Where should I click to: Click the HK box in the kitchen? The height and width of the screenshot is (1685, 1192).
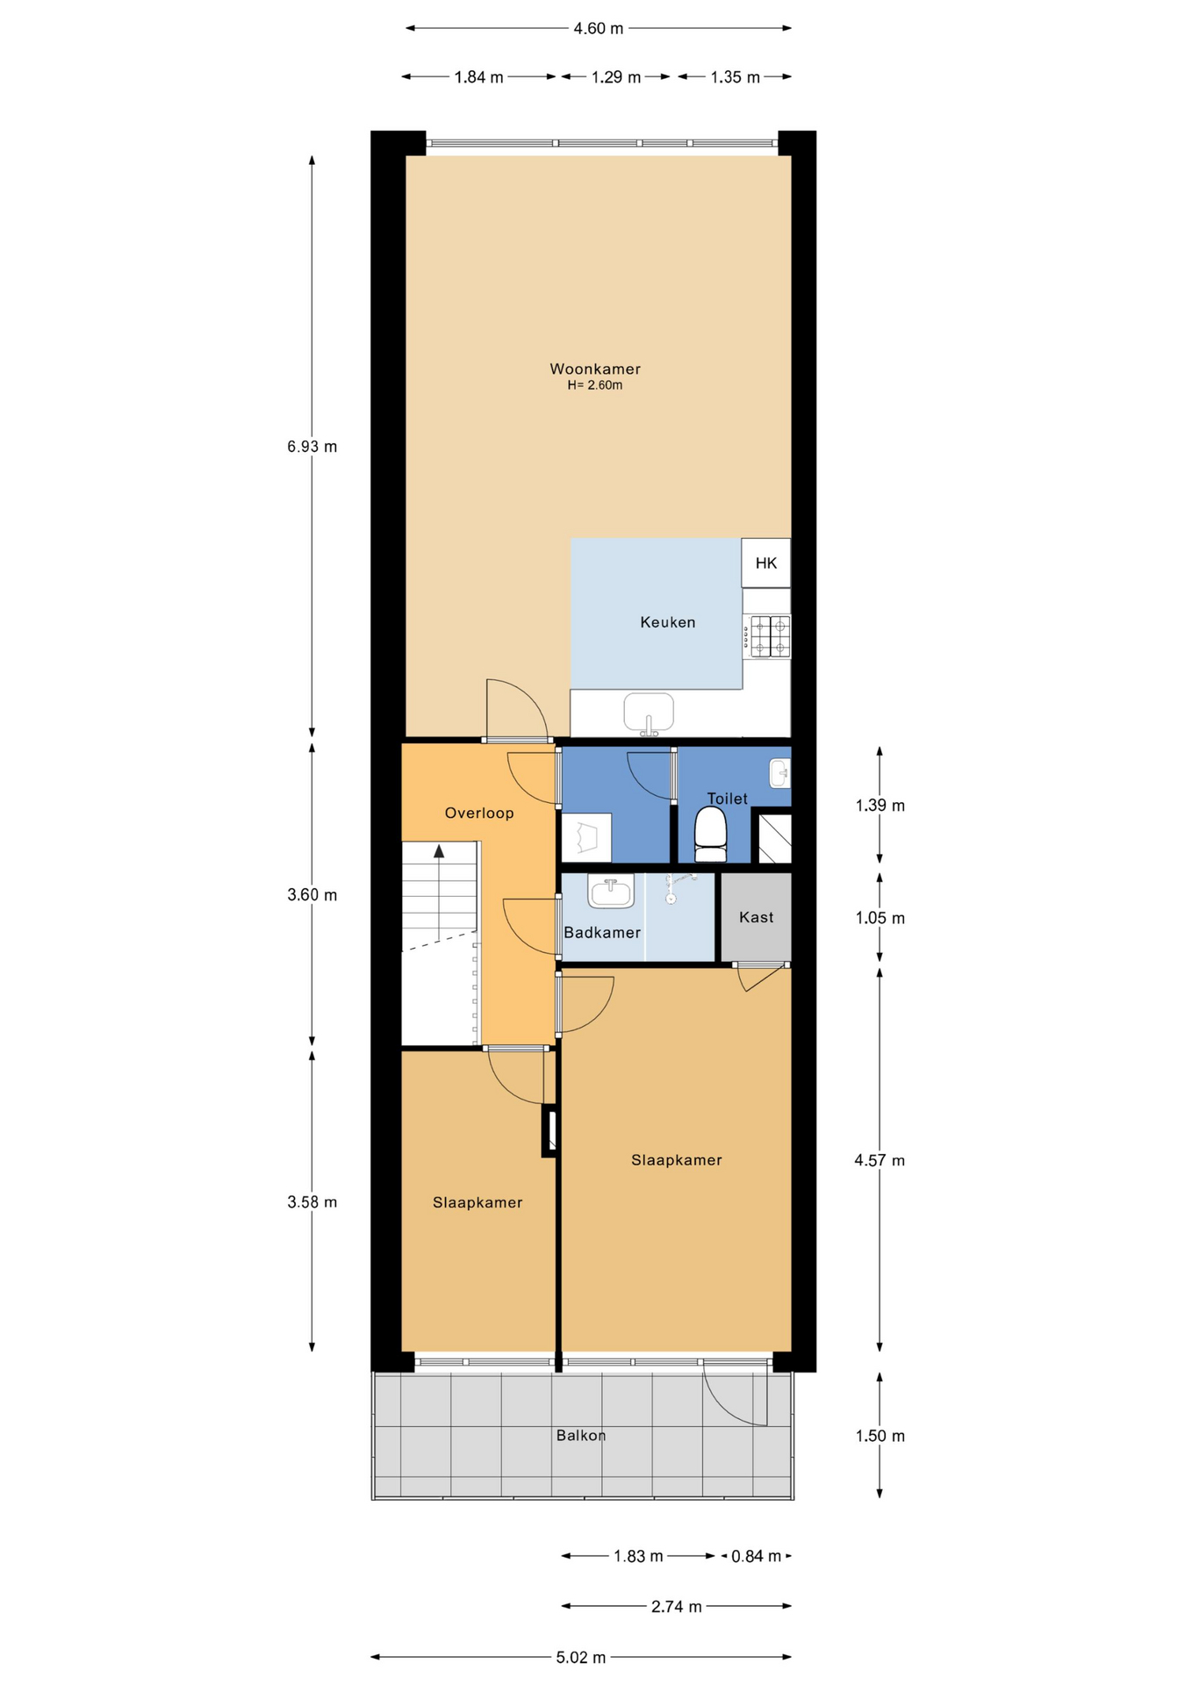coord(765,563)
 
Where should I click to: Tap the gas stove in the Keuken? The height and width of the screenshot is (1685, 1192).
coord(770,636)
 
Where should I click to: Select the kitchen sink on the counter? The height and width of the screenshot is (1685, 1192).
coord(649,713)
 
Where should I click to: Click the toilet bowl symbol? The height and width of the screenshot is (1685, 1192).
coord(710,835)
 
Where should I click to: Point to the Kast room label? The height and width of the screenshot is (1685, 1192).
coord(756,917)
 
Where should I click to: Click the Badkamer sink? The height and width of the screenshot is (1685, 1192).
coord(611,892)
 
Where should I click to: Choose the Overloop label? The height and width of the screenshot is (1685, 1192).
coord(479,813)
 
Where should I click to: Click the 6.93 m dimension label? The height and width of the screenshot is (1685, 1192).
coord(312,446)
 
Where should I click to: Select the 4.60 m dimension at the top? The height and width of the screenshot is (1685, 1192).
coord(599,28)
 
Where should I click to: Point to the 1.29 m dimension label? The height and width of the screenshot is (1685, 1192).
coord(616,77)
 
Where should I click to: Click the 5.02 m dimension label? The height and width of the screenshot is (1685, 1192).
coord(581,1657)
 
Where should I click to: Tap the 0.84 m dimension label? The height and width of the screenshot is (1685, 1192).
coord(756,1556)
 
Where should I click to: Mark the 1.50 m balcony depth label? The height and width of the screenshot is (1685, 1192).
coord(880,1436)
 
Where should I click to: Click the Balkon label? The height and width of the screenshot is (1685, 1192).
coord(581,1435)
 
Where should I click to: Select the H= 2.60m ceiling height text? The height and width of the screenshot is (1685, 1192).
coord(595,385)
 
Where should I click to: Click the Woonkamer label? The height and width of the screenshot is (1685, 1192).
coord(595,369)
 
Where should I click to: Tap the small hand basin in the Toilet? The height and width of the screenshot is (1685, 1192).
coord(779,773)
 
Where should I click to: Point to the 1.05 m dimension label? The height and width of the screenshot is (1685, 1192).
coord(880,918)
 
